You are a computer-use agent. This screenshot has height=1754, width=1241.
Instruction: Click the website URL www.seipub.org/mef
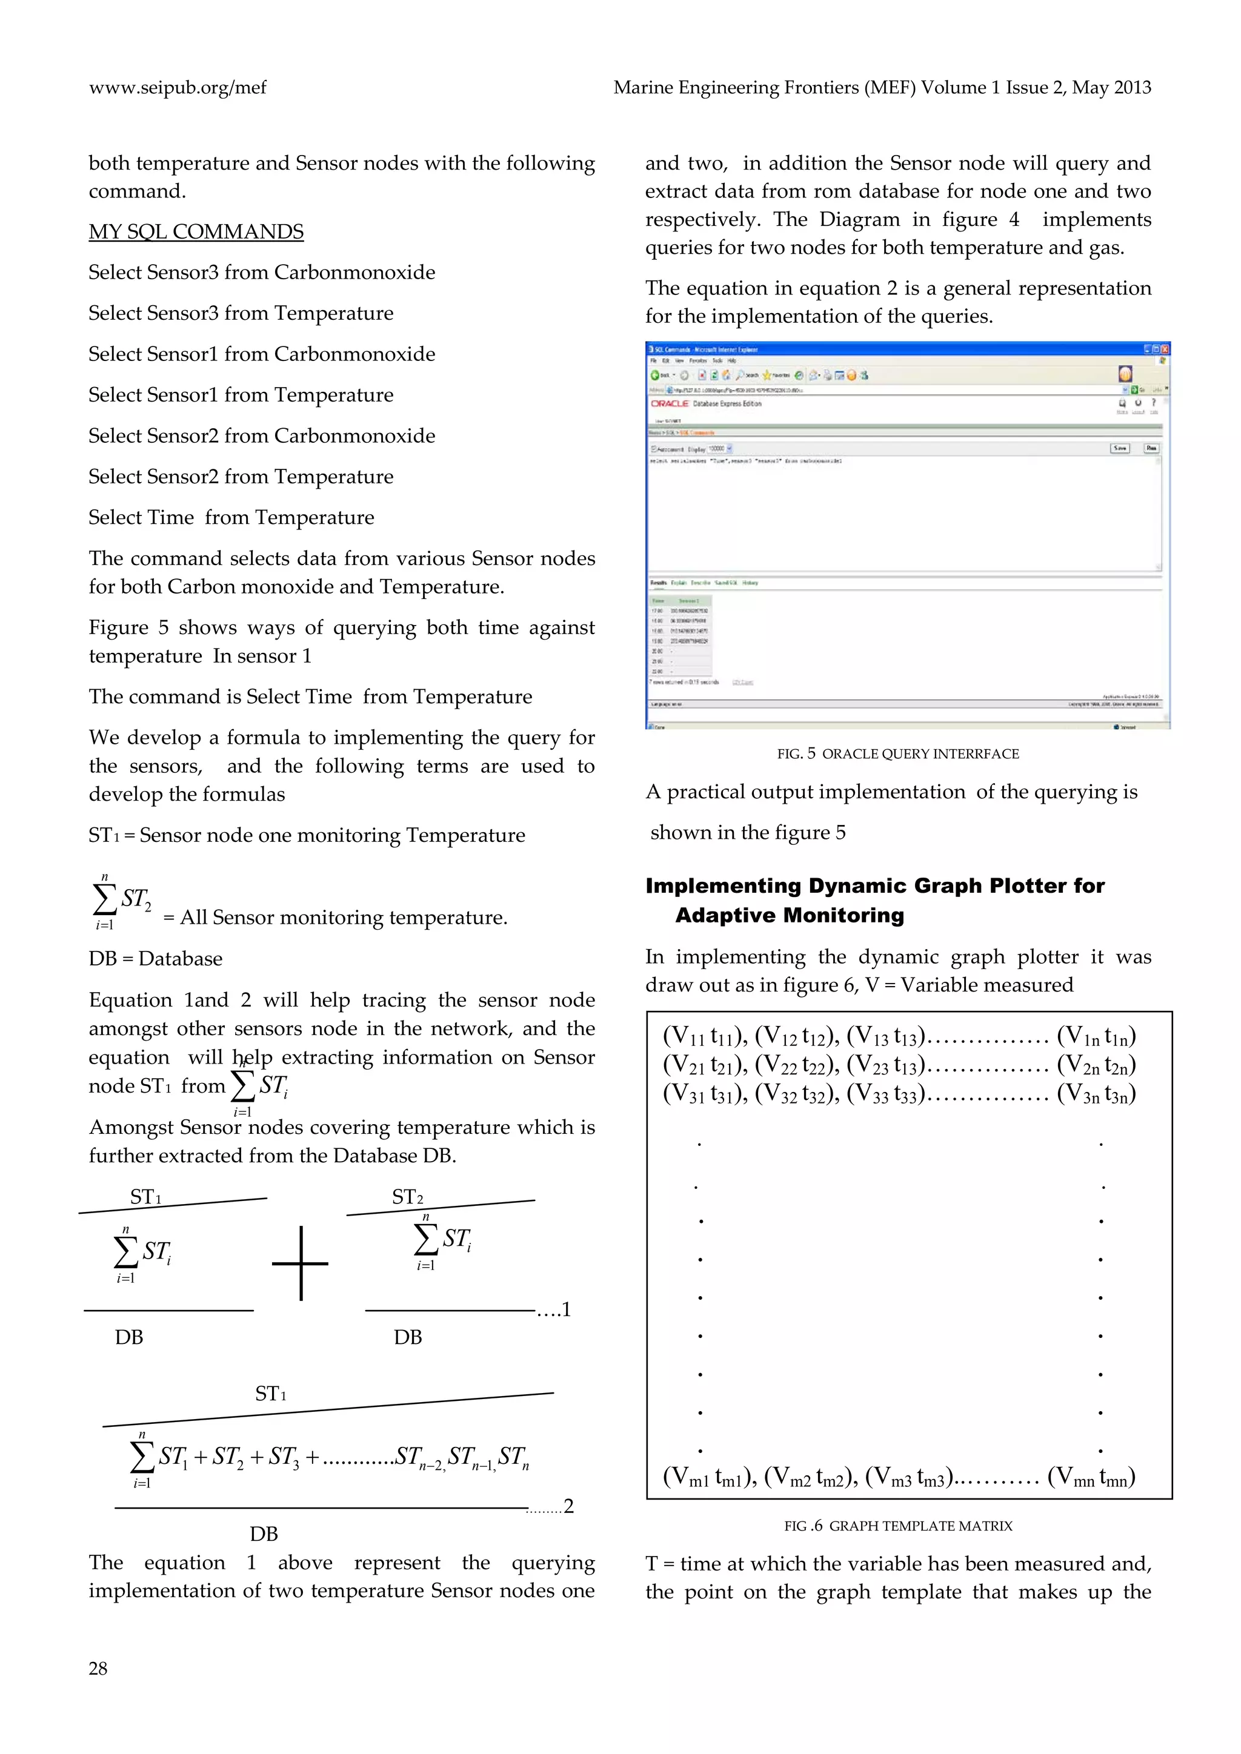(178, 88)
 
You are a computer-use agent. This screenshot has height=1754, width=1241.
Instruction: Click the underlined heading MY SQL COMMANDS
(196, 231)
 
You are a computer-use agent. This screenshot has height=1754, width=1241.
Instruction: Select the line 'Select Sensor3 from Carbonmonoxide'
(261, 273)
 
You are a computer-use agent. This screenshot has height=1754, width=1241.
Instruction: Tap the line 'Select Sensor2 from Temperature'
(241, 477)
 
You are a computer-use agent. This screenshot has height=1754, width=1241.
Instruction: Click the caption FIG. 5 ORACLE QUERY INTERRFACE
(897, 754)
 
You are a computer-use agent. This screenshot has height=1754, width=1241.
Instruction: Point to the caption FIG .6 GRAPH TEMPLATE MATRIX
(897, 1526)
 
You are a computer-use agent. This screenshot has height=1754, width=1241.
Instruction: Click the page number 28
(98, 1669)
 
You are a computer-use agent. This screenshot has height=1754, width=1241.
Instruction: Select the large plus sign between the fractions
(301, 1263)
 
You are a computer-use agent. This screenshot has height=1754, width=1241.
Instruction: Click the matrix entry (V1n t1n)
(1096, 1037)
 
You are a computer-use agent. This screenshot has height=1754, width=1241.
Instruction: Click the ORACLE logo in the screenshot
(670, 403)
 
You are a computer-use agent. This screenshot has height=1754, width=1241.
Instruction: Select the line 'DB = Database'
(155, 959)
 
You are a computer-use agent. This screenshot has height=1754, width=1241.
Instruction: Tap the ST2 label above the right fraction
(407, 1197)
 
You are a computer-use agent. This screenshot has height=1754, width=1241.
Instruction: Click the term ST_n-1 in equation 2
(471, 1458)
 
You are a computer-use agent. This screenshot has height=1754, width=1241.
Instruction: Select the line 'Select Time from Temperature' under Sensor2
(231, 518)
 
